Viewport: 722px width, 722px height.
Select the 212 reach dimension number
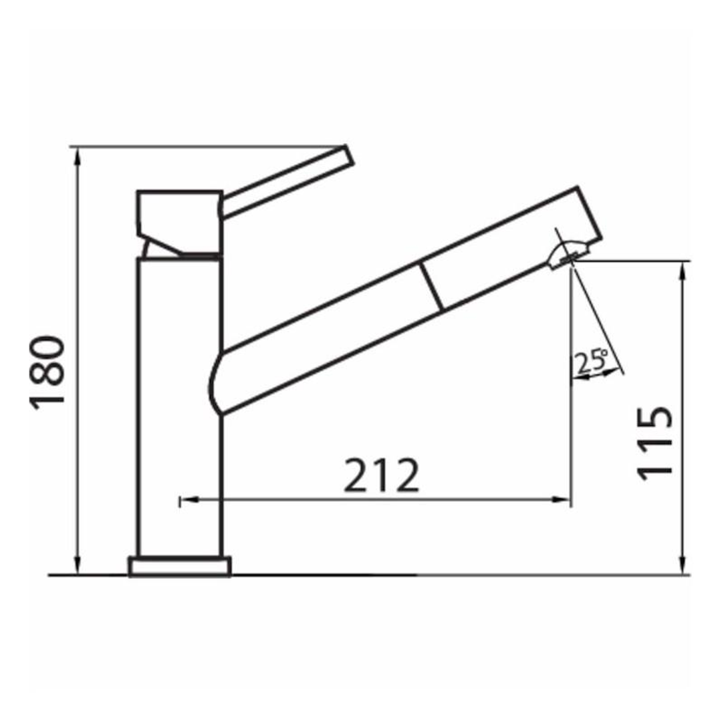[381, 475]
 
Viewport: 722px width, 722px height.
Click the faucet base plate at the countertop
[180, 566]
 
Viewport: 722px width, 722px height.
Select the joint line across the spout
[432, 287]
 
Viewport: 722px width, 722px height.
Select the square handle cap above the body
[179, 213]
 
